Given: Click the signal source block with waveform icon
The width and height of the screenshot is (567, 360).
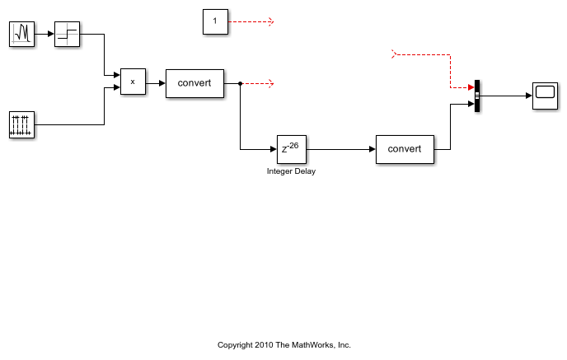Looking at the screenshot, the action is [21, 34].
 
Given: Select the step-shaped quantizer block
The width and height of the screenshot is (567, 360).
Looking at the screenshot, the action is [68, 34].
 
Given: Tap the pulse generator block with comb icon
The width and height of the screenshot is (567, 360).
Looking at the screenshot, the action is [21, 124].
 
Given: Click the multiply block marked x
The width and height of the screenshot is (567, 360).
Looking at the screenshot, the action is [133, 82].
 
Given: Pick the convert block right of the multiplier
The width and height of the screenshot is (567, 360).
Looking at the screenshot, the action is [194, 83].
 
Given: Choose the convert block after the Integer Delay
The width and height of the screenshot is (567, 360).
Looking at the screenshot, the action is [405, 149].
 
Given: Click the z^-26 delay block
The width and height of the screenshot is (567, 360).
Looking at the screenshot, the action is [292, 149].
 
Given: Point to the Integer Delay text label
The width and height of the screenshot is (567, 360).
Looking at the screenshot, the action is [291, 171].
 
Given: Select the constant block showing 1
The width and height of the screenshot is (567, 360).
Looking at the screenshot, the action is [216, 21].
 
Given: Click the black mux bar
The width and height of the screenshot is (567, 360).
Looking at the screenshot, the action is [477, 96].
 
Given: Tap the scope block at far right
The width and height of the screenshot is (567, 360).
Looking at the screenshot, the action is [546, 96].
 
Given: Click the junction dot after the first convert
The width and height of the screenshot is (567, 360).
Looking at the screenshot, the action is [240, 83].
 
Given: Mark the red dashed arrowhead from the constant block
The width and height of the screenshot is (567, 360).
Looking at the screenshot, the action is [271, 21].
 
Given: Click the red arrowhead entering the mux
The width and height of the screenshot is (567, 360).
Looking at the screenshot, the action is [471, 87].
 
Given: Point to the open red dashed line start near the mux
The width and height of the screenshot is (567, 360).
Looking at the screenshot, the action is [394, 54].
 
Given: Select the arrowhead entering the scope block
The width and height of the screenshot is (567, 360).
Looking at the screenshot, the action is [529, 96].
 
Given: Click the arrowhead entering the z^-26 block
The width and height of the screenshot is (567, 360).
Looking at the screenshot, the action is [274, 149].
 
